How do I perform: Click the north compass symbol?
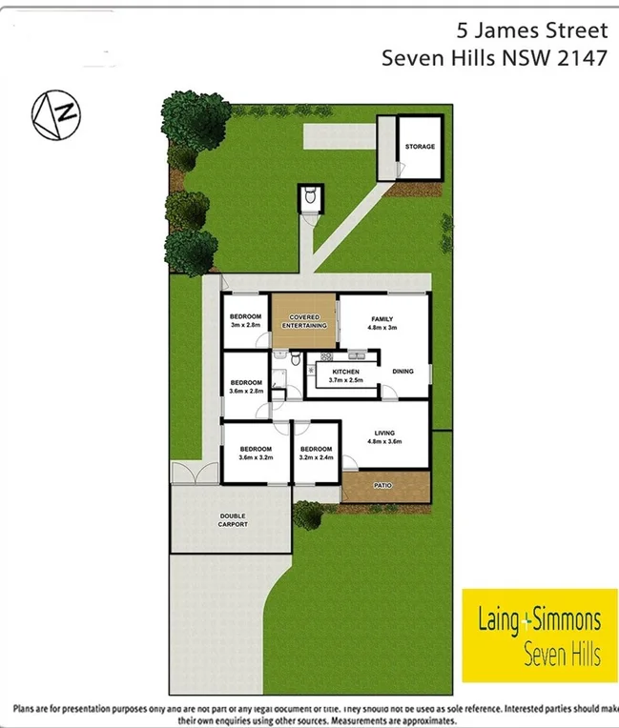[x=56, y=114]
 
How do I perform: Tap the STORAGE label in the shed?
[x=420, y=147]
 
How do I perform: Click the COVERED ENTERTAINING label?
[x=304, y=321]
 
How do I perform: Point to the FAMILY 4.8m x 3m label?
[x=382, y=324]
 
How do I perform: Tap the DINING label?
[x=402, y=371]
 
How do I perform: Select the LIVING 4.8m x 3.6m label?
[x=384, y=436]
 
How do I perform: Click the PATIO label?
[x=383, y=485]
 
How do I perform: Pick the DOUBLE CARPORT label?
[x=232, y=520]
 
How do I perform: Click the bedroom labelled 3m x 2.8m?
[x=245, y=320]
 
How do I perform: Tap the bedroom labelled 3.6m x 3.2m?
[x=256, y=454]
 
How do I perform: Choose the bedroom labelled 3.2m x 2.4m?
[x=316, y=454]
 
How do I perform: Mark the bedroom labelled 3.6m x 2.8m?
[x=246, y=386]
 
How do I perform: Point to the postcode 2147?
[x=582, y=57]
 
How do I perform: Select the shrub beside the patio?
[x=308, y=515]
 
